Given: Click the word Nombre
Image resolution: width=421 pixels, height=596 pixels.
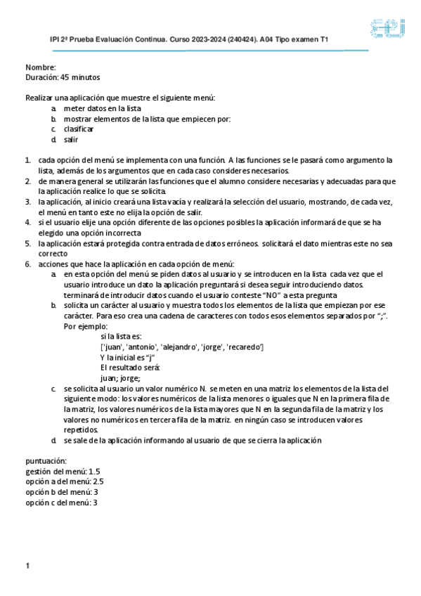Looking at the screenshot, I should pyautogui.click(x=40, y=67).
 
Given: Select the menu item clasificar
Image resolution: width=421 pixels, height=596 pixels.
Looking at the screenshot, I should pyautogui.click(x=79, y=129).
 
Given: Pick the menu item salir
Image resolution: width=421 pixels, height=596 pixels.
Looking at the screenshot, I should pyautogui.click(x=71, y=140).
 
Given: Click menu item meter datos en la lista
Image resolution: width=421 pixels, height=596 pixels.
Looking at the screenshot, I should pyautogui.click(x=103, y=109).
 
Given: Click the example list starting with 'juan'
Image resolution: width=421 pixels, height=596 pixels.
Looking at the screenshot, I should pyautogui.click(x=182, y=347).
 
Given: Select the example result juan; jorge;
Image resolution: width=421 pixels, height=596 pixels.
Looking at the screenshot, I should pyautogui.click(x=121, y=377).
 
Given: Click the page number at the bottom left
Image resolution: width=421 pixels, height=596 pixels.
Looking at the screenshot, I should pyautogui.click(x=27, y=566).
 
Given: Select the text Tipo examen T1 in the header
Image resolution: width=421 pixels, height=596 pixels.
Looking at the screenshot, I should pyautogui.click(x=304, y=41).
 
